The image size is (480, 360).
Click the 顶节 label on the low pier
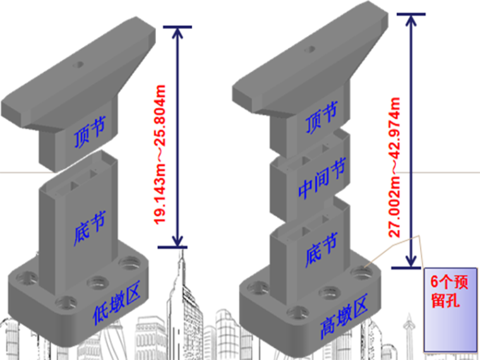pos(90,131)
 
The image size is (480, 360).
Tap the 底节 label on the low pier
pos(90,228)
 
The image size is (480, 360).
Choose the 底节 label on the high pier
pos(321,250)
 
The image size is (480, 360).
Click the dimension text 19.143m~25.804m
pos(160,155)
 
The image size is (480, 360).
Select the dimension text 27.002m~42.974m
pos(394,167)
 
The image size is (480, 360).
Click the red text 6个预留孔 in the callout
pos(449,291)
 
